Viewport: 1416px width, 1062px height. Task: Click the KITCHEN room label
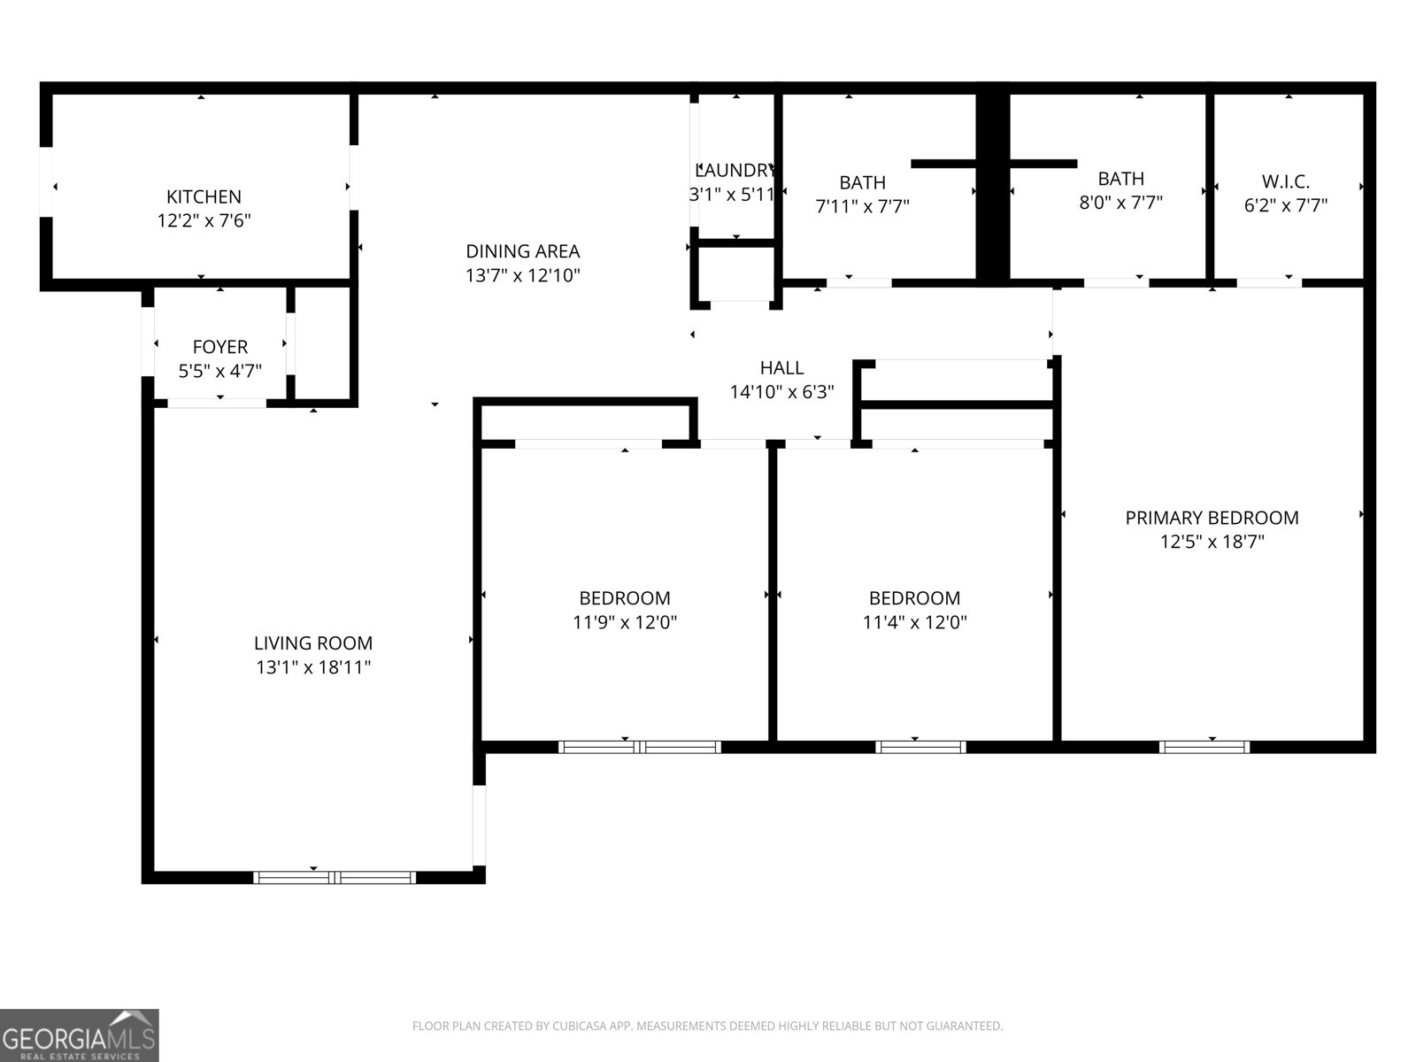204,196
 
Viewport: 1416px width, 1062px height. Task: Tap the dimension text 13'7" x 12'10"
522,275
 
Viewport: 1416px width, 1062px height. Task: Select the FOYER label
219,347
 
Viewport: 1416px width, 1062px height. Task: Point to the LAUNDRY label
735,170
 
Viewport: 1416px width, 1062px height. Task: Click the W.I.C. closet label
1285,181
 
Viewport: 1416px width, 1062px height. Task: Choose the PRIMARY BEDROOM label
1212,518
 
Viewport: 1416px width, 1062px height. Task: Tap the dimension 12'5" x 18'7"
1212,542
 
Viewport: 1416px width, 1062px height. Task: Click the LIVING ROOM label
313,643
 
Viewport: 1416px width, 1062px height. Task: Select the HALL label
781,367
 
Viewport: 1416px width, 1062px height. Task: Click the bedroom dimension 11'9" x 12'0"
625,622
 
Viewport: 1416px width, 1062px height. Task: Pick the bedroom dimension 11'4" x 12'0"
914,622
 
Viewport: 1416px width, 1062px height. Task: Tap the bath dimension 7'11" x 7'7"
862,206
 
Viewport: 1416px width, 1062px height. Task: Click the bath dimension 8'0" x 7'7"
1120,202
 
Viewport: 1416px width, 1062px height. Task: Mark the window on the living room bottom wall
335,877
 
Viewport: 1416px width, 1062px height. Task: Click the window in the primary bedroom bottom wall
1204,747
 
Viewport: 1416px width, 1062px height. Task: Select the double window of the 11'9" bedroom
640,747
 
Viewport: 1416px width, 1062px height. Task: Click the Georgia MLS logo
79,1035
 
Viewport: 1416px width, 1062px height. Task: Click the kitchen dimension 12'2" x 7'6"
204,220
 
